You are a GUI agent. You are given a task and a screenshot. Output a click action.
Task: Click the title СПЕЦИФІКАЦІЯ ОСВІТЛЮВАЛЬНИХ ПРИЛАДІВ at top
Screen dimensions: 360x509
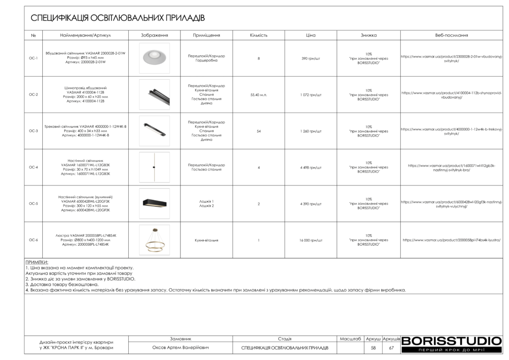[118, 18]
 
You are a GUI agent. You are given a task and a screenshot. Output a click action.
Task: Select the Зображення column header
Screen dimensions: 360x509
[155, 36]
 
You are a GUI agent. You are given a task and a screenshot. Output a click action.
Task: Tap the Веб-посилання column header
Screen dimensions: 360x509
[451, 36]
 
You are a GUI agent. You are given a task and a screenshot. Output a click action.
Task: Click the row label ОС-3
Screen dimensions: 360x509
[33, 131]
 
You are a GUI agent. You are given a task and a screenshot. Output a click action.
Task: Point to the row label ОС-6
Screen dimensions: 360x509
[33, 240]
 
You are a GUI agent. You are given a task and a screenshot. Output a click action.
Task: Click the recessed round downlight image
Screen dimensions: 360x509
[154, 58]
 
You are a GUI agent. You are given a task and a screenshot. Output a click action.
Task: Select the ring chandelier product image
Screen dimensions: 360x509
[154, 240]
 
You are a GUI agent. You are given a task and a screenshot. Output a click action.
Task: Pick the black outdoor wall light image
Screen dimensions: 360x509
[154, 203]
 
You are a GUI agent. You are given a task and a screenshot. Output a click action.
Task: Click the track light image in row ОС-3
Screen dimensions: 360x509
[154, 131]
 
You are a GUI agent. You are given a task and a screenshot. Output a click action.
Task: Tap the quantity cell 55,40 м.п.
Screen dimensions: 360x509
[258, 94]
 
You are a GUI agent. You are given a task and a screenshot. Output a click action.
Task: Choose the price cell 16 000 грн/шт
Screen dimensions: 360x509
[311, 240]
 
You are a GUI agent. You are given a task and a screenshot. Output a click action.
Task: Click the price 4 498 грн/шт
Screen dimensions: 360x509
[311, 167]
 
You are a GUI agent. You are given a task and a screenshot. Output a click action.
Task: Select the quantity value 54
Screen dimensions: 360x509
[258, 131]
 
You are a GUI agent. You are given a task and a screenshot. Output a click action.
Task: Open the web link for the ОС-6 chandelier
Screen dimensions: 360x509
[451, 240]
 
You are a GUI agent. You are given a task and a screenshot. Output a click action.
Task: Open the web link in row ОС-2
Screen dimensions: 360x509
[451, 95]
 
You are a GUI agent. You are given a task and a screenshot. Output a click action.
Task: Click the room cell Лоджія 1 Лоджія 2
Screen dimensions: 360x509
[206, 203]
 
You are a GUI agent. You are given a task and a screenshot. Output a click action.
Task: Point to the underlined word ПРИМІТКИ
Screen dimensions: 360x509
[37, 262]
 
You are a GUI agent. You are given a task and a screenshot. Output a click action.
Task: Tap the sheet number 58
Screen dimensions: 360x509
[373, 348]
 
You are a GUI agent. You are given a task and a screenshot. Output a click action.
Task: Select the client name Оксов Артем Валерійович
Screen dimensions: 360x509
[180, 348]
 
